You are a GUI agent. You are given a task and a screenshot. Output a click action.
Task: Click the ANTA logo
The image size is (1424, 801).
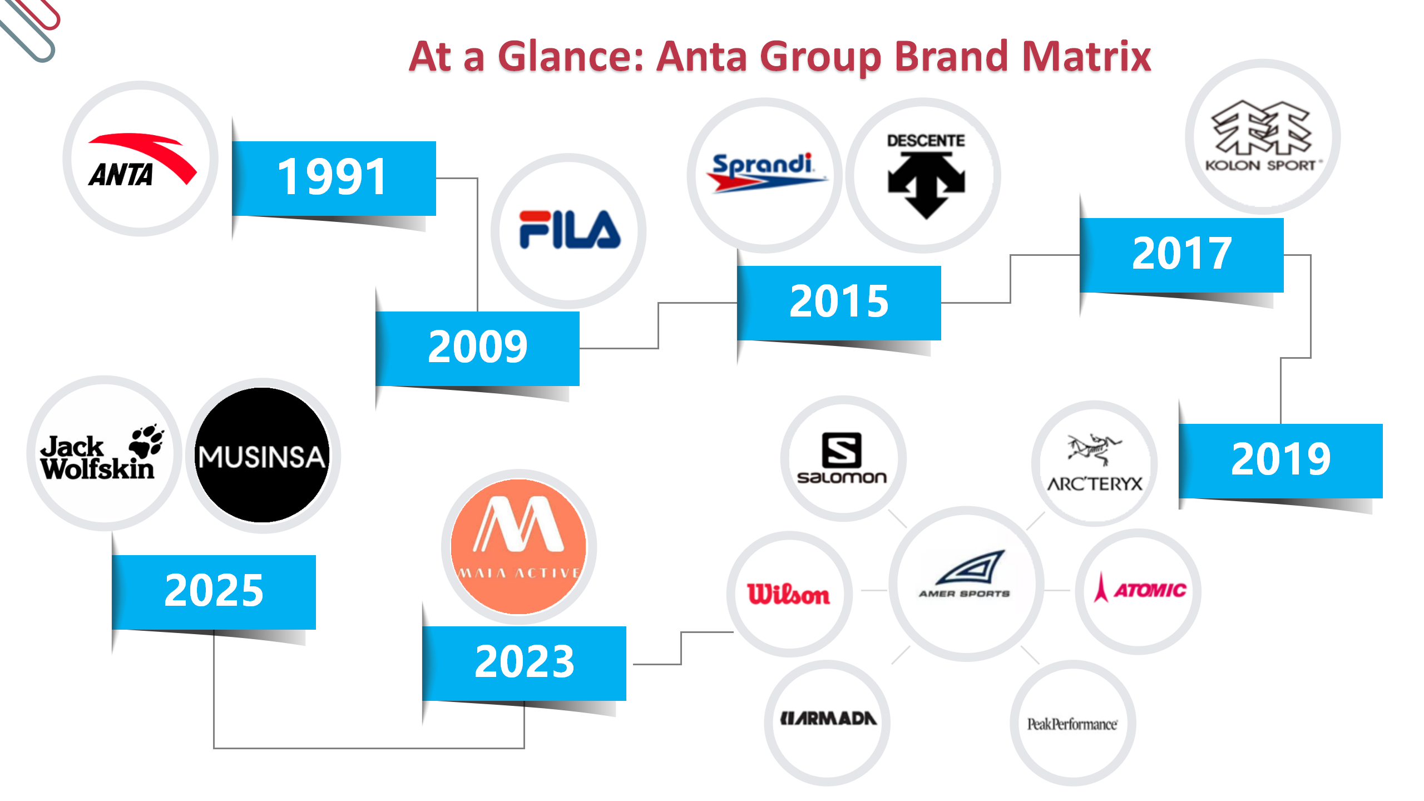pos(141,160)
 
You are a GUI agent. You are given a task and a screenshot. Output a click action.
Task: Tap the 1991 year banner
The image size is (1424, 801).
pos(334,178)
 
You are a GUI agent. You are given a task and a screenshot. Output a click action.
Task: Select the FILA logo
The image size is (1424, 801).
pos(570,229)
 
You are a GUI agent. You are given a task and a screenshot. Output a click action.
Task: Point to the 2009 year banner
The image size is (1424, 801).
pos(477,348)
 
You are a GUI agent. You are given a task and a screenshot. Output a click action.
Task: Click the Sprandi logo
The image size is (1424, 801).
pos(766,173)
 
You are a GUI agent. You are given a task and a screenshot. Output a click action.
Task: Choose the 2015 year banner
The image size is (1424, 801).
pos(839,303)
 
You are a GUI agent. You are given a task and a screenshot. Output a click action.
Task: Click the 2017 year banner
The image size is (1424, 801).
pos(1181,255)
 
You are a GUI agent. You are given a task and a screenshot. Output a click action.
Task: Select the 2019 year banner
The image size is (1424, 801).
pos(1280,461)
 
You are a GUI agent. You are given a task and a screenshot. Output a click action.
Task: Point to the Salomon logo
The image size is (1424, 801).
pos(842,458)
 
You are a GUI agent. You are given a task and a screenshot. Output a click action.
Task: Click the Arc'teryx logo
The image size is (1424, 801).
pos(1095,464)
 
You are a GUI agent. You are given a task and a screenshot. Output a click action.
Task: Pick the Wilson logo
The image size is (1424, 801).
pos(789,594)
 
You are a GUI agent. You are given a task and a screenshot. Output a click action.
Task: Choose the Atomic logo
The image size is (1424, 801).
pos(1139,589)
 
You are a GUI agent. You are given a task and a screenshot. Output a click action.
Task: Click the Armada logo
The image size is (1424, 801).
pos(828,719)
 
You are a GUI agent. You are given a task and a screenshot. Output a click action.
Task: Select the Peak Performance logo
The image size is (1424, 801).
pos(1072,724)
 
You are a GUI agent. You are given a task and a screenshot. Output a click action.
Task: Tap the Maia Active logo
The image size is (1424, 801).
pos(519,547)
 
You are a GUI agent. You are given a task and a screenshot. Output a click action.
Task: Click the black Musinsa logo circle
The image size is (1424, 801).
pos(262,455)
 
